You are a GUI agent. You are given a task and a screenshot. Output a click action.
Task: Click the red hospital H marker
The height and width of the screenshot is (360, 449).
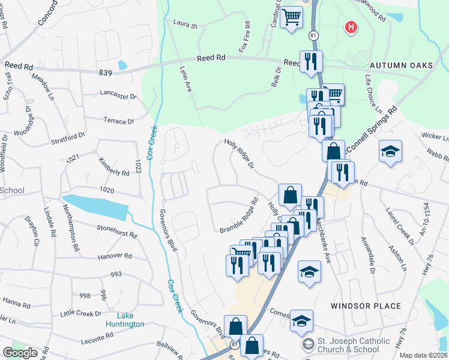(351, 28)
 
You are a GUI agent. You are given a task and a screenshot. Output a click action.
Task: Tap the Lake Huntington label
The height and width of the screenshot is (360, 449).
(122, 320)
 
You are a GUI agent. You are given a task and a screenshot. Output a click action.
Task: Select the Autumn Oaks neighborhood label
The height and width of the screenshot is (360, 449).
(401, 65)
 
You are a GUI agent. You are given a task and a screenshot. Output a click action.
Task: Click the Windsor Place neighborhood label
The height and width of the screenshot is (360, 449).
(366, 306)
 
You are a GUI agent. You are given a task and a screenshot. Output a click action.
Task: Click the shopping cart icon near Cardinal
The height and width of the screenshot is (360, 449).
(291, 17)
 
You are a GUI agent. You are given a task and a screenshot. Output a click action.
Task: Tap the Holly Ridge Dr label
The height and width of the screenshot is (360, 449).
(240, 154)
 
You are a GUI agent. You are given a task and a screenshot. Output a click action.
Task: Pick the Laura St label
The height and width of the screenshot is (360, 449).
(185, 26)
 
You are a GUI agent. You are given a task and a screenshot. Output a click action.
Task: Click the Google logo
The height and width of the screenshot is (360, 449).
(20, 353)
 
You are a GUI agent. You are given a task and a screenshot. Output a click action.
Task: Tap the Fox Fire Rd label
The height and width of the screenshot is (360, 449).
(244, 36)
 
